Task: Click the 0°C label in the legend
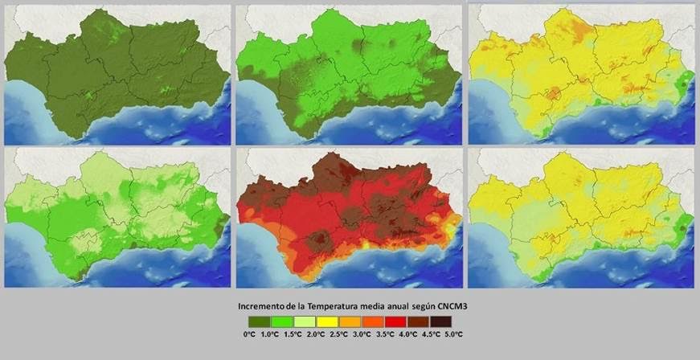pyautogui.click(x=249, y=333)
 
